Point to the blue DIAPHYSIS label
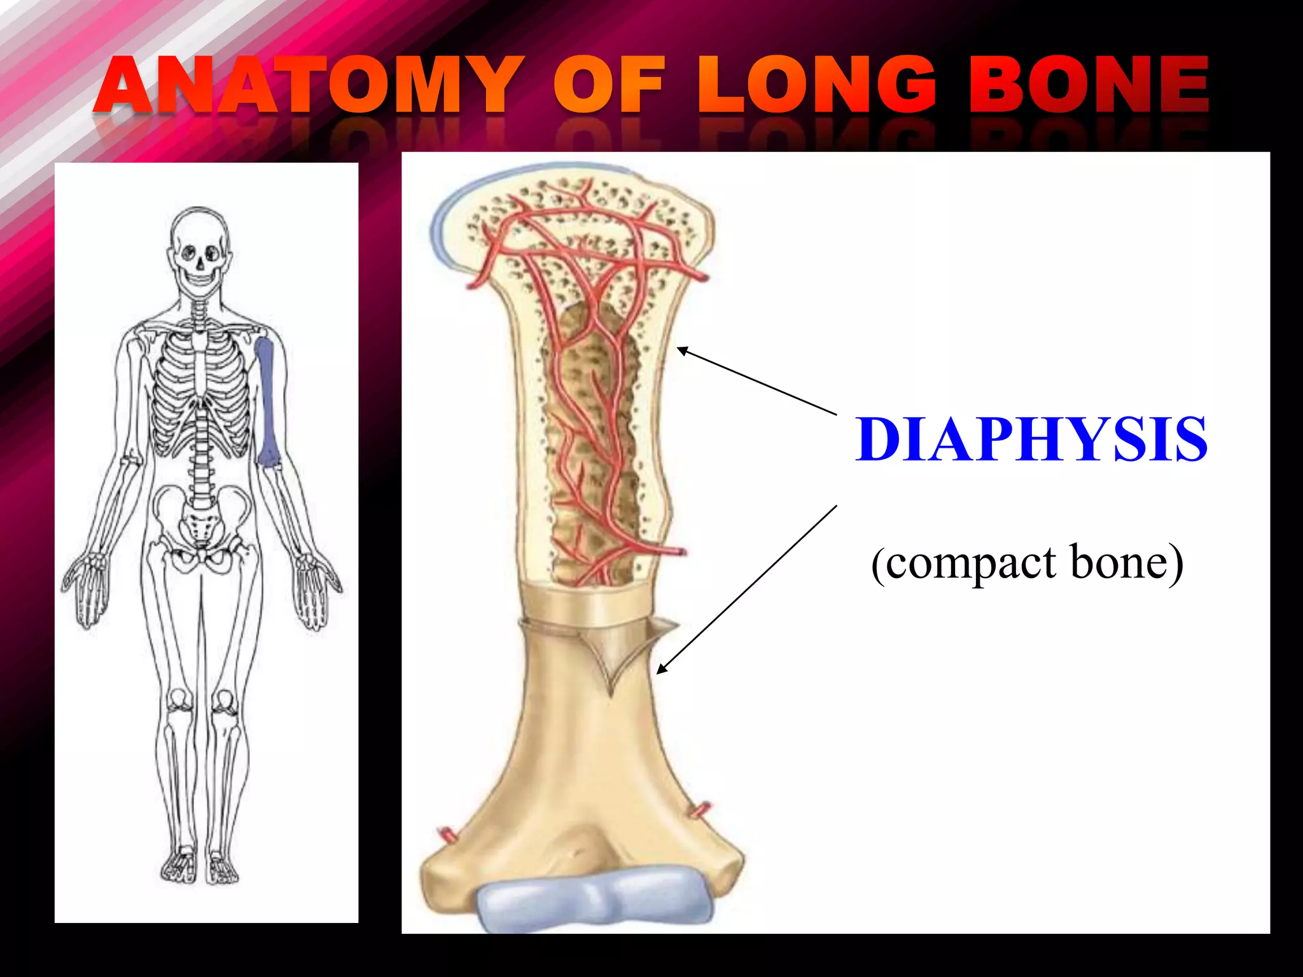click(1031, 439)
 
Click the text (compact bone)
click(1027, 563)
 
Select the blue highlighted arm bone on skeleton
click(267, 401)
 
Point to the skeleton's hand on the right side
click(315, 592)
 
